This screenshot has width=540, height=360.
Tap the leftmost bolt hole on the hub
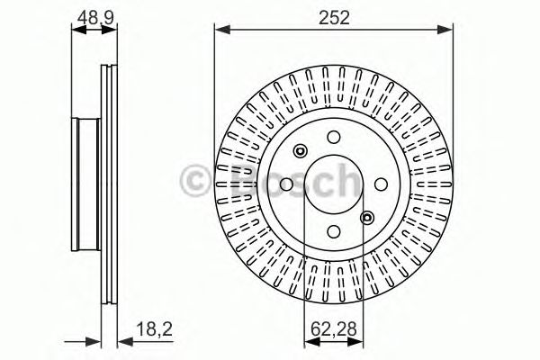coord(287,184)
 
